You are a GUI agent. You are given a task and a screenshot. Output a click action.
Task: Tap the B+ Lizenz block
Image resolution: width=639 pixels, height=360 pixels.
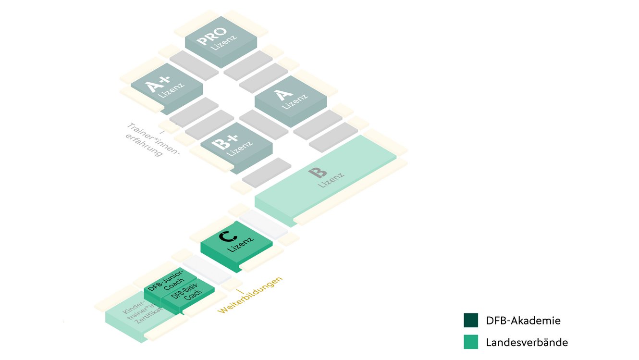click(x=236, y=144)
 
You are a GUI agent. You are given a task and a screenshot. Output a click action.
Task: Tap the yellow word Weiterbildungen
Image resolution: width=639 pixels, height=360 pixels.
click(x=250, y=295)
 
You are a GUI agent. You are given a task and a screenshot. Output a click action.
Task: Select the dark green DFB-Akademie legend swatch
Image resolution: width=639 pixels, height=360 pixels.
click(x=471, y=320)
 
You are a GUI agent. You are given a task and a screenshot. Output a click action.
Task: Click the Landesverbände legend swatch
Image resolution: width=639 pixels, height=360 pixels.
click(x=471, y=342)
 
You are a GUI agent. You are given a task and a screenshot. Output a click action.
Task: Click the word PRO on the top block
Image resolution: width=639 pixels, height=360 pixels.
click(x=212, y=35)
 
